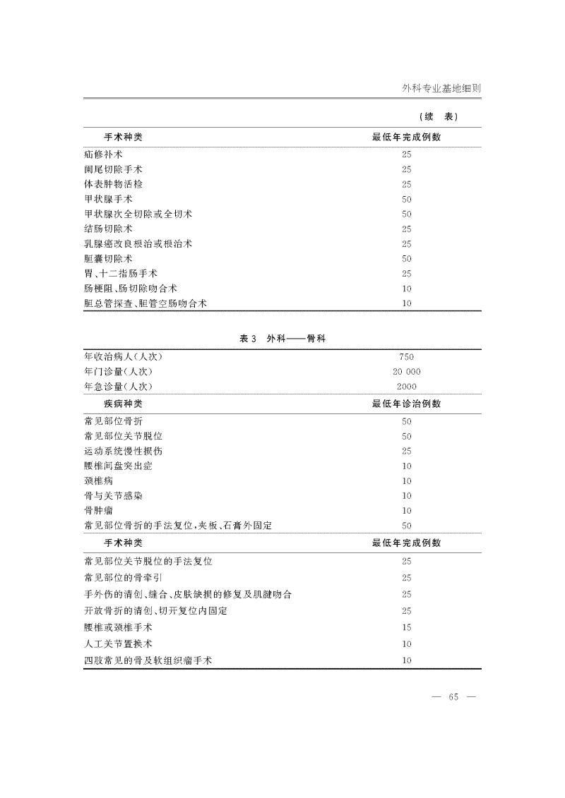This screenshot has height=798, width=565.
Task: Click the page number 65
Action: (453, 698)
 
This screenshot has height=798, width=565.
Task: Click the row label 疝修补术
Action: (103, 154)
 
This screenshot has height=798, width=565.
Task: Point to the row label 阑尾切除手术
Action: (113, 169)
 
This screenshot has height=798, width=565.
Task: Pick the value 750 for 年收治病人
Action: (406, 357)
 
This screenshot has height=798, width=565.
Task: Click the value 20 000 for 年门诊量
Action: (406, 372)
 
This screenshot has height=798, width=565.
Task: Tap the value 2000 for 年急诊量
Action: (406, 387)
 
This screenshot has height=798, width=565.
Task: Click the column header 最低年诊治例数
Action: (406, 404)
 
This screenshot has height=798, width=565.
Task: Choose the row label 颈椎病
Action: (98, 481)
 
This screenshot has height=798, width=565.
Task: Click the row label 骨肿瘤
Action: (98, 511)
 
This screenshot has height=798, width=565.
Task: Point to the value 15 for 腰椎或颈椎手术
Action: (406, 627)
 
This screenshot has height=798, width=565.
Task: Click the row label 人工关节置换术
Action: (118, 643)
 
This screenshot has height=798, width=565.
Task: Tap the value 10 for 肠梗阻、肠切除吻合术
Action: (406, 289)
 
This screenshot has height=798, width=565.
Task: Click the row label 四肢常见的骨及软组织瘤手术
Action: (148, 661)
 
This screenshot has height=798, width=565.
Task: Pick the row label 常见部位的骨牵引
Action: (123, 578)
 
